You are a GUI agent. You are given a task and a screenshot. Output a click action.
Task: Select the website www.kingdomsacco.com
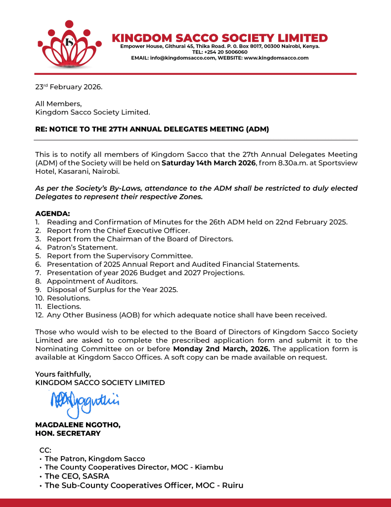276,58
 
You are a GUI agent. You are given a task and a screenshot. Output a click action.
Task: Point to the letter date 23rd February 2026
69,87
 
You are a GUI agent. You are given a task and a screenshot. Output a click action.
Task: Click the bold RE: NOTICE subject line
152,130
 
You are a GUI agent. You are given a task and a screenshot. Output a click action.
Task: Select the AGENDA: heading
52,213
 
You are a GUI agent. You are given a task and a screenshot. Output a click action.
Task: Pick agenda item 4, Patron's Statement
82,247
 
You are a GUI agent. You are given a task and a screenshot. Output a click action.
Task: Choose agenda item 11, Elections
64,306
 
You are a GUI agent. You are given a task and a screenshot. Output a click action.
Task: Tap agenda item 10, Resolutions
68,298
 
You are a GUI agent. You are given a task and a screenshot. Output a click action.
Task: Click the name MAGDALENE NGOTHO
78,425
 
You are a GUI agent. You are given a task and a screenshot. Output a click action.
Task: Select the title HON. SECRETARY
68,433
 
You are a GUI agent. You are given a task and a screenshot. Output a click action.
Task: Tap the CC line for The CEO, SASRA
77,476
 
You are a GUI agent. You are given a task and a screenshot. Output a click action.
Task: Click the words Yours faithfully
63,374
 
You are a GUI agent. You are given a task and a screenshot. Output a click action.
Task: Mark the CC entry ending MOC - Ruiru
144,485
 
